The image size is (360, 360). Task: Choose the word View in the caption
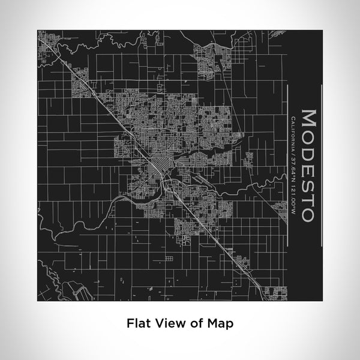pyautogui.click(x=167, y=323)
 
